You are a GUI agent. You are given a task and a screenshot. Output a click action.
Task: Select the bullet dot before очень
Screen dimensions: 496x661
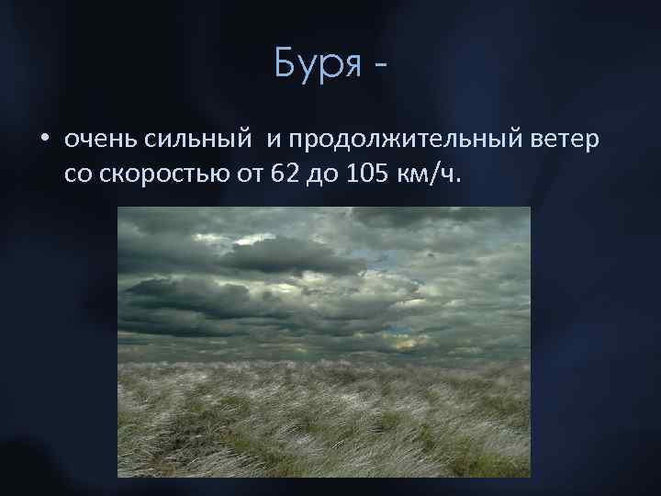[43, 141]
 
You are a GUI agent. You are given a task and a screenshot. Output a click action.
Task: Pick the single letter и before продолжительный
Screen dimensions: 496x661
[273, 141]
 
